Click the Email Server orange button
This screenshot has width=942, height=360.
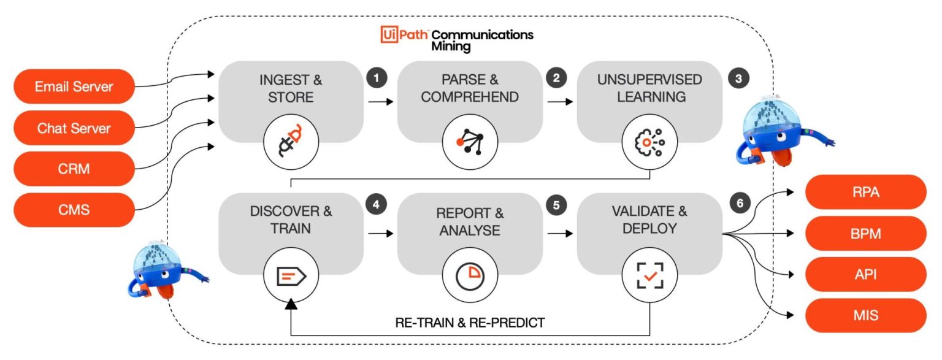click(74, 86)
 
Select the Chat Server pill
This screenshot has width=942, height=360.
click(74, 128)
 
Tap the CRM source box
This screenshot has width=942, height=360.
click(74, 169)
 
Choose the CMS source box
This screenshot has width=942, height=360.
click(74, 210)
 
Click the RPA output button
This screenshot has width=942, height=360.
click(865, 192)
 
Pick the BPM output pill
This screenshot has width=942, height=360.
click(865, 233)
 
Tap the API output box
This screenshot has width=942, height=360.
click(865, 274)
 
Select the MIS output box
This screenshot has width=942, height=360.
click(865, 315)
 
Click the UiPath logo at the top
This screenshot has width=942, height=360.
click(404, 35)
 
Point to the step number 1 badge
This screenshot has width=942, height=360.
click(377, 78)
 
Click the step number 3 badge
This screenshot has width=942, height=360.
click(738, 78)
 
